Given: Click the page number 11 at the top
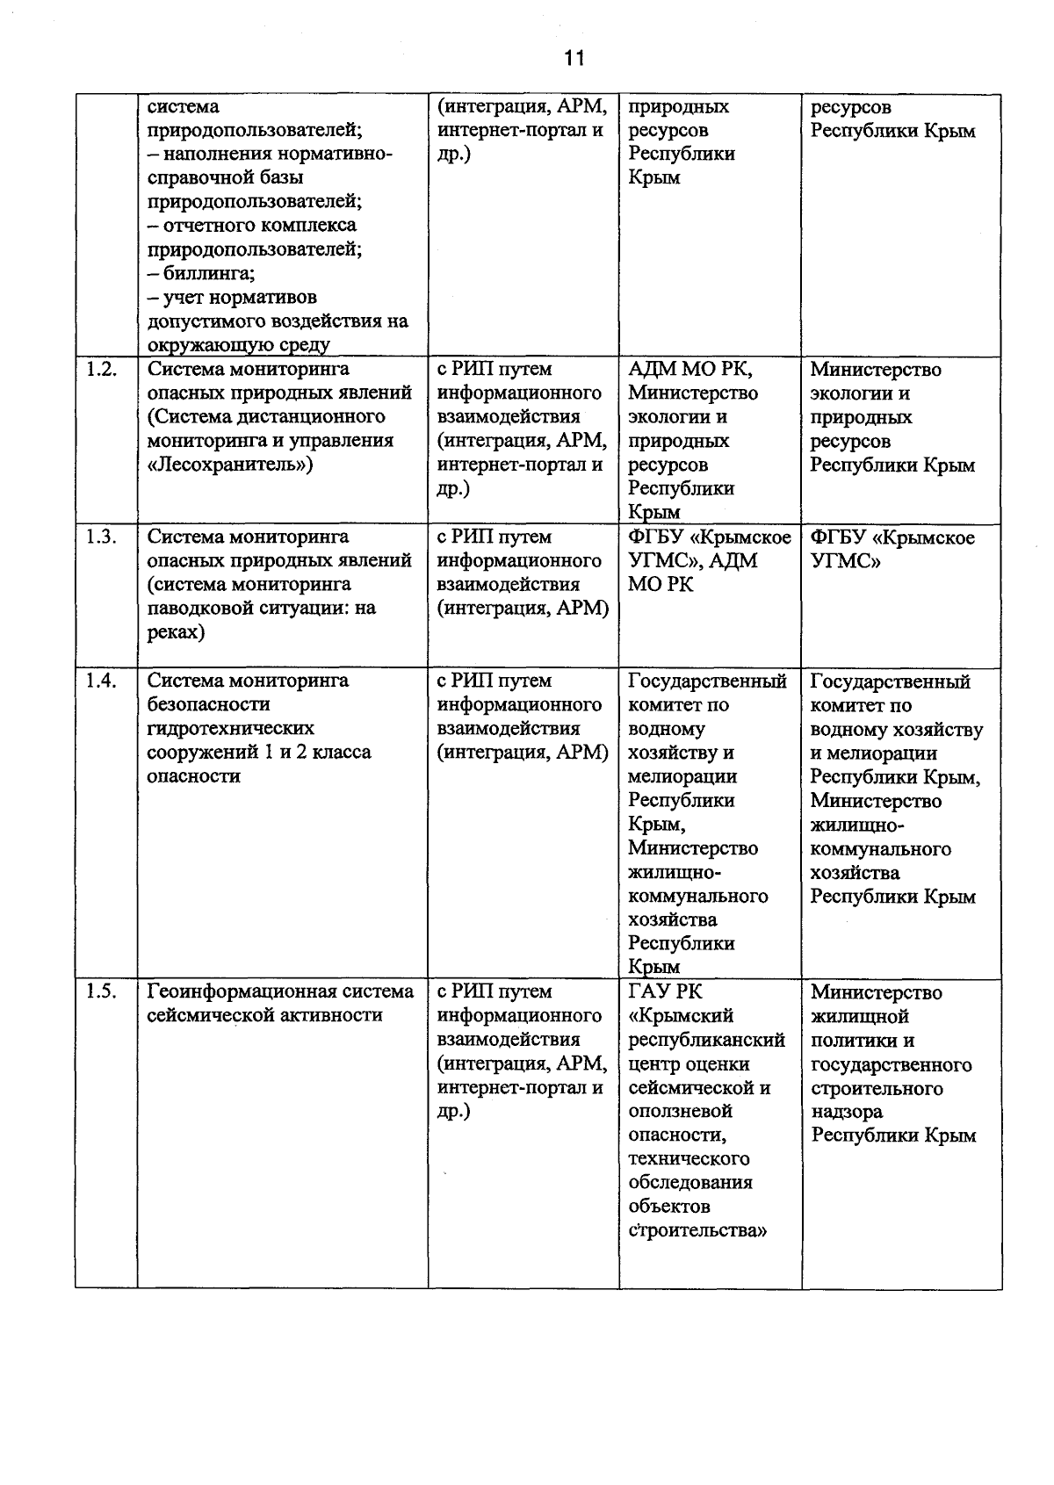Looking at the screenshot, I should tap(574, 59).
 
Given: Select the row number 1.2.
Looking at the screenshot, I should tap(102, 370).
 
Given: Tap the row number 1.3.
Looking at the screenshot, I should tap(102, 537).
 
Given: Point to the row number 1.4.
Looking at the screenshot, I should tap(102, 681).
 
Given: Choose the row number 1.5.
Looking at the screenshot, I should tap(102, 991).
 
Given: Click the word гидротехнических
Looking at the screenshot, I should tap(231, 728).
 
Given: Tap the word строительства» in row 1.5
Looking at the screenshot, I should tap(698, 1230).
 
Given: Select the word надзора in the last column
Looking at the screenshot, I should tap(847, 1112).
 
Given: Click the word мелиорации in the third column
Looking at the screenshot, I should tap(682, 776).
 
